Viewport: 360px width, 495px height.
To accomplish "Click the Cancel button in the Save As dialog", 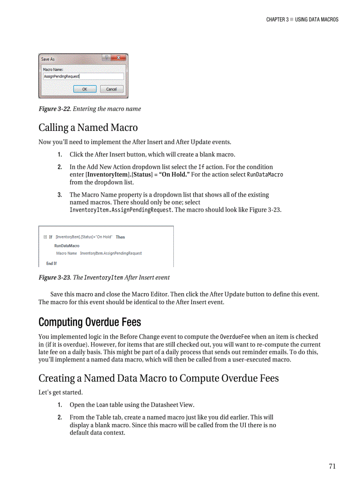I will point(112,89).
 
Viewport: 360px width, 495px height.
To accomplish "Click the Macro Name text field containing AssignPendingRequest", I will point(83,76).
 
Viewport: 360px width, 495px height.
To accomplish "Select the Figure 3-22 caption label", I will point(55,109).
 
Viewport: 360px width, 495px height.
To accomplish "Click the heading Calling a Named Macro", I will point(88,128).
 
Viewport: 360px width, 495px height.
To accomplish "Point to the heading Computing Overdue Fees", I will point(90,322).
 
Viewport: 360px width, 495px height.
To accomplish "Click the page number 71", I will point(332,466).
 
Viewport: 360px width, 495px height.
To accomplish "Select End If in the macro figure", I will point(52,263).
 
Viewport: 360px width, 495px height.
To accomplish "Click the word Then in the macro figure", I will point(120,237).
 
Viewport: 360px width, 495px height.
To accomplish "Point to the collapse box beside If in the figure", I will point(45,237).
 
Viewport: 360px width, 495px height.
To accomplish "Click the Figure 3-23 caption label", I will point(55,278).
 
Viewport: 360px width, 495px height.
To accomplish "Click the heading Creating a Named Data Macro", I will point(158,378).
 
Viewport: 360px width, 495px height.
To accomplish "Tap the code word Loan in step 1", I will point(102,405).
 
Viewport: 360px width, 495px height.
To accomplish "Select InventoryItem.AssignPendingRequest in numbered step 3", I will point(121,210).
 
